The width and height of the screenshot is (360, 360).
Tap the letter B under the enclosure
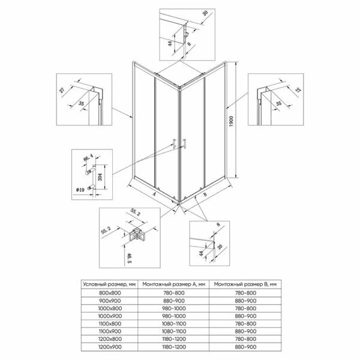[x=205, y=195]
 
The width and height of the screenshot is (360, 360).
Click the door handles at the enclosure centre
[x=179, y=142]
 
